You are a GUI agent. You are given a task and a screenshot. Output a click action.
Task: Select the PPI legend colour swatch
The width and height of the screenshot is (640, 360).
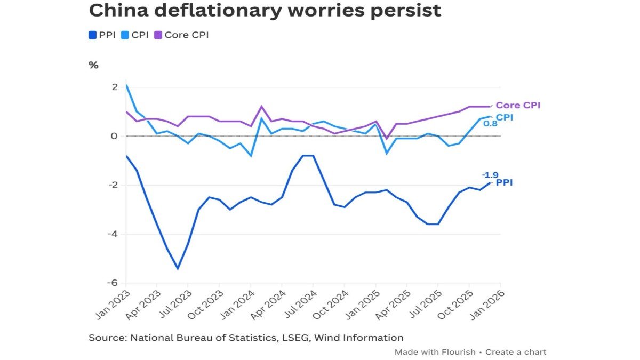tap(92, 35)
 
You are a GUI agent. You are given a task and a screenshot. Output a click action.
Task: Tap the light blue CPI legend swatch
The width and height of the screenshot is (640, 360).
tap(126, 35)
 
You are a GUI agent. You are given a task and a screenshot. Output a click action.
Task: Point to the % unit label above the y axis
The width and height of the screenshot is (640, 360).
tap(93, 65)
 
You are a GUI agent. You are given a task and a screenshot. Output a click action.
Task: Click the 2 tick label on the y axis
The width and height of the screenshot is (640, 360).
tap(114, 87)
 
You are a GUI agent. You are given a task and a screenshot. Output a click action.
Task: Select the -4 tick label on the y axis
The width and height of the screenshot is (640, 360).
tap(112, 234)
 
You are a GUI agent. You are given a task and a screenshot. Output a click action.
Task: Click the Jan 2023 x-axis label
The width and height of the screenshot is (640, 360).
tap(113, 305)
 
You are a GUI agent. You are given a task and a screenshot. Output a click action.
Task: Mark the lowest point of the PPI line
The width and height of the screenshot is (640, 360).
tap(178, 269)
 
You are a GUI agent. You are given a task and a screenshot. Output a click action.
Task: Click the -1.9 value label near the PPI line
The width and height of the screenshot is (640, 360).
tap(490, 174)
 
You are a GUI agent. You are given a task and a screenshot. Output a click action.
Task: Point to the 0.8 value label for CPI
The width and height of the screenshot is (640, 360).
tap(490, 123)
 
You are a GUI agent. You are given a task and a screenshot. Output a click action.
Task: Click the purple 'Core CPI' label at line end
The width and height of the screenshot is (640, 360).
tap(518, 106)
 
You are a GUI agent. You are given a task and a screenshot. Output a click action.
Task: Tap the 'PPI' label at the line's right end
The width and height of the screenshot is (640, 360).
tap(504, 183)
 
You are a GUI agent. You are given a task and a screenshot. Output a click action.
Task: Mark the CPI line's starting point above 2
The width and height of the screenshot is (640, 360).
tap(126, 85)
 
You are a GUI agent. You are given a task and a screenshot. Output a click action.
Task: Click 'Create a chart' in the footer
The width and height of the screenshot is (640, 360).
tap(516, 352)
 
